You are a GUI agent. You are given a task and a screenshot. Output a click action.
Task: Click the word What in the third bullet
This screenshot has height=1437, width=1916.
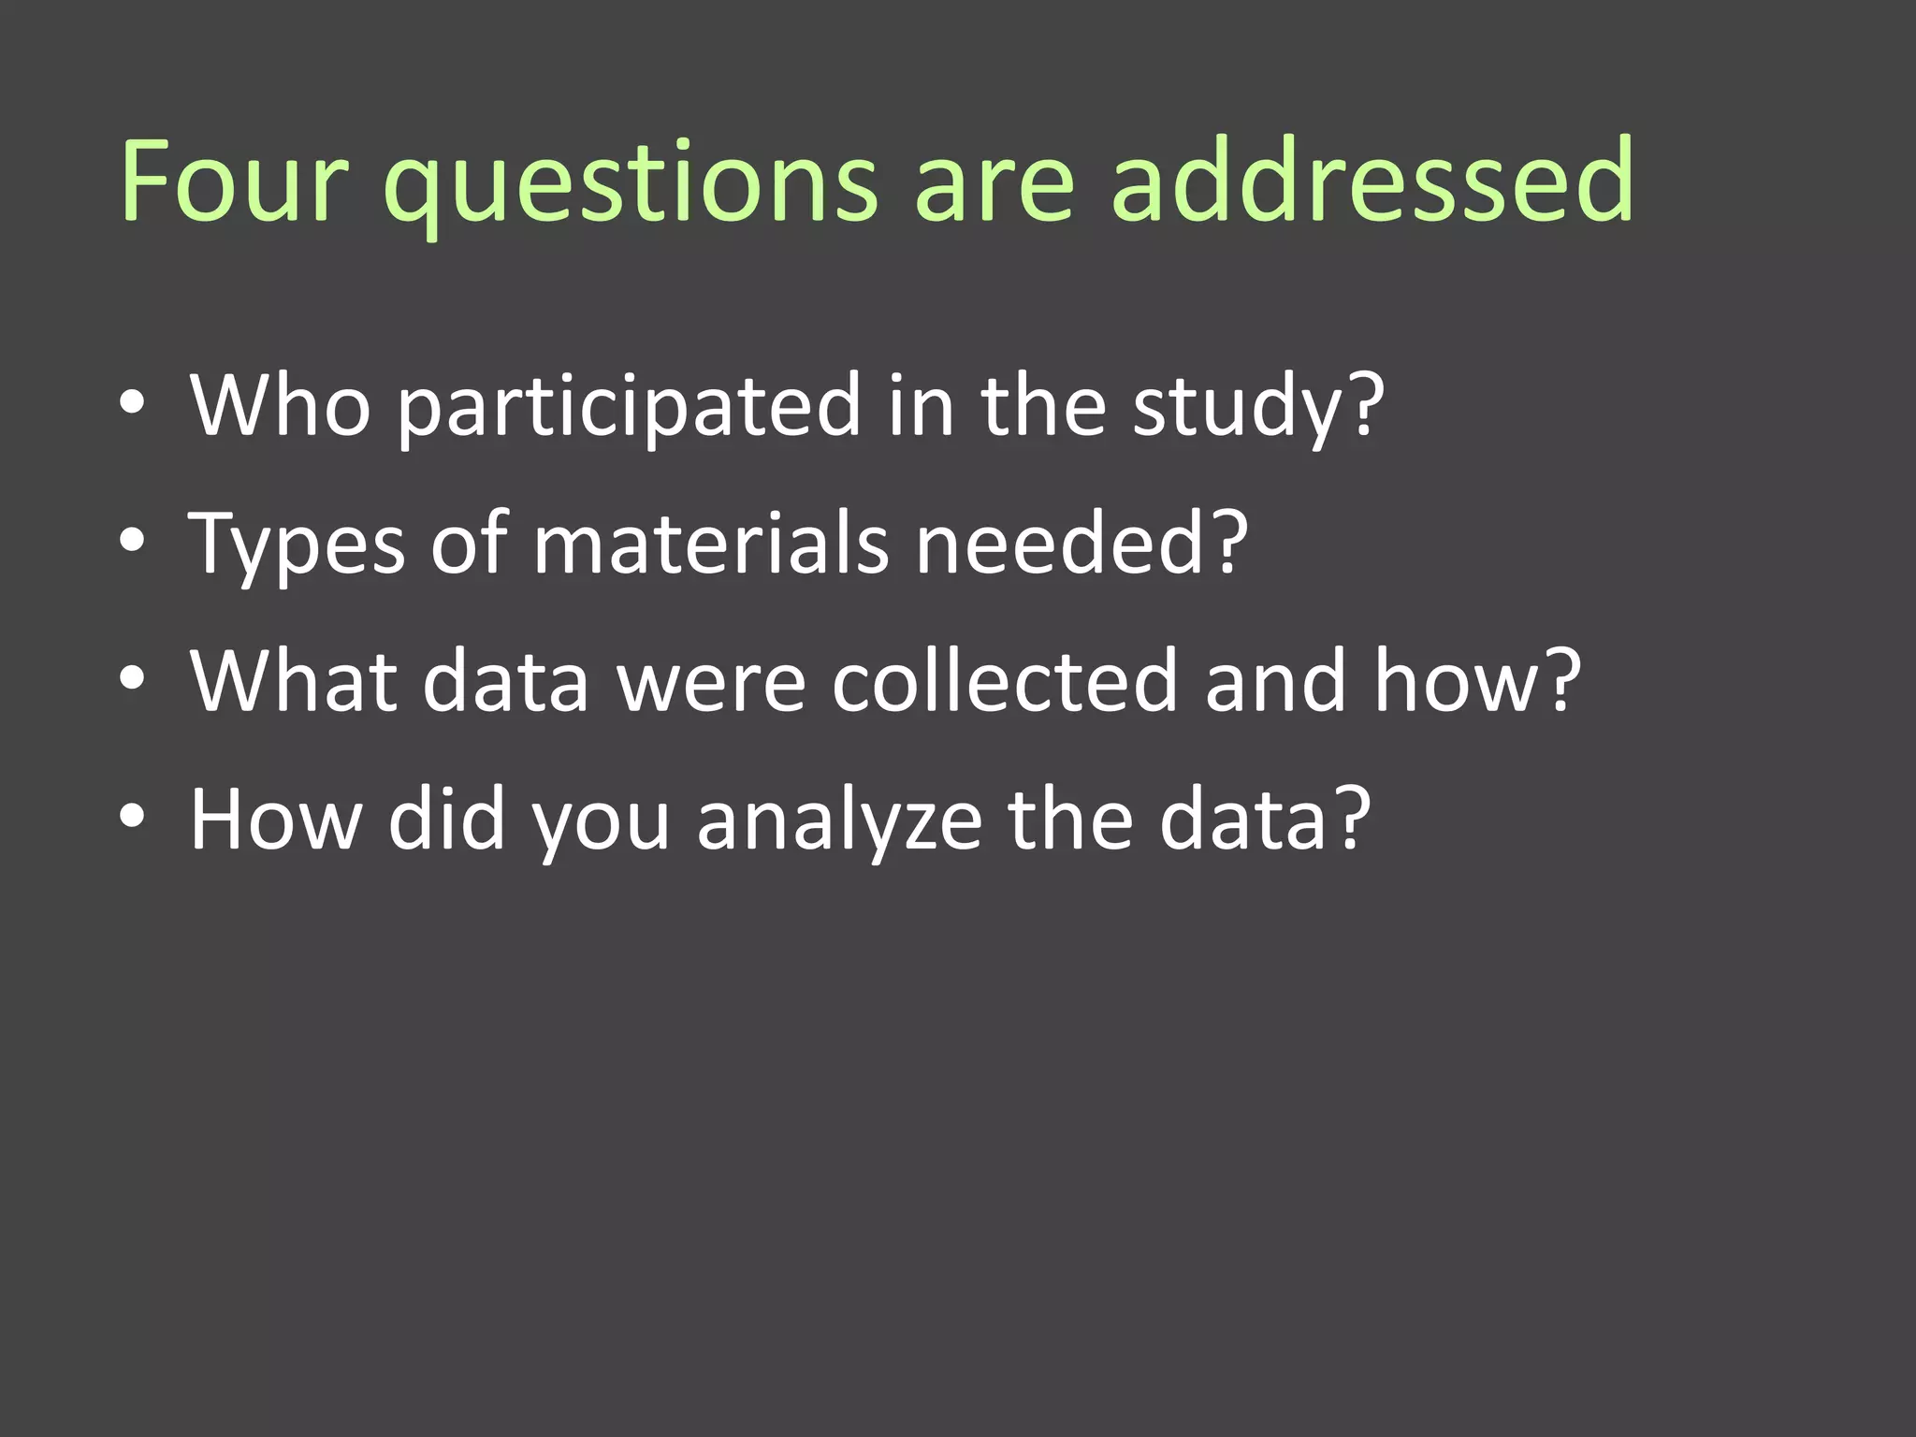(x=294, y=681)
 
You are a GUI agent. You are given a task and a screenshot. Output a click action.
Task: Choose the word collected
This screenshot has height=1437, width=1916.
(x=1004, y=681)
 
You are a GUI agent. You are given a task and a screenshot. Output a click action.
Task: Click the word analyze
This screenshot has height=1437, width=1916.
(x=839, y=820)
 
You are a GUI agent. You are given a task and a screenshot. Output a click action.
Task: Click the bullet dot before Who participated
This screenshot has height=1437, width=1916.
(x=133, y=405)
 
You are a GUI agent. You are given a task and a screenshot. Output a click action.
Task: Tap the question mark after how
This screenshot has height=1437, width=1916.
(x=1560, y=681)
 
